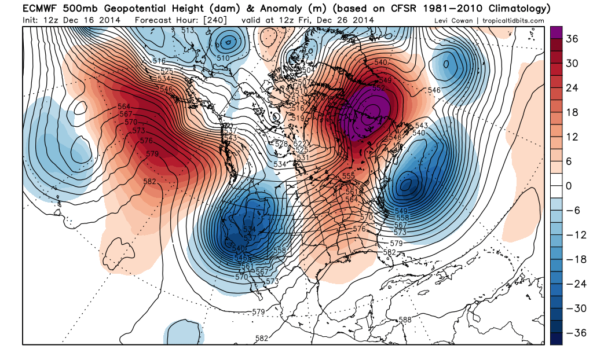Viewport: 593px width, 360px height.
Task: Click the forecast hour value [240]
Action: pos(214,20)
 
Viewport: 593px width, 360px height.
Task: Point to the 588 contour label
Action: pos(405,319)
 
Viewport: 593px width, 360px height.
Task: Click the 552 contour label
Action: pos(379,87)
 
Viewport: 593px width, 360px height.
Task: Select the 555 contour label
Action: pos(348,176)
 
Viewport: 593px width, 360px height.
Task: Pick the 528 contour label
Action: pos(281,144)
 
